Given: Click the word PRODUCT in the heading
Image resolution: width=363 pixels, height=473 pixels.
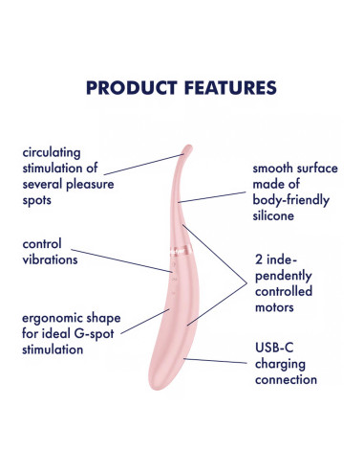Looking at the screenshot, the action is tap(132, 88).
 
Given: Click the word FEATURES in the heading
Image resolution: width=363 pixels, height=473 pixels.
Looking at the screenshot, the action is tap(230, 88).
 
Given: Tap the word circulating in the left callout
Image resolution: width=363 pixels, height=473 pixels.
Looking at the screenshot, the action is tap(52, 153).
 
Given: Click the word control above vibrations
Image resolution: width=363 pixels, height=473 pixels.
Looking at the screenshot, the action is tap(42, 244).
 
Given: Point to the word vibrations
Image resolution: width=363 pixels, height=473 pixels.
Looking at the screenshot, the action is tap(50, 259).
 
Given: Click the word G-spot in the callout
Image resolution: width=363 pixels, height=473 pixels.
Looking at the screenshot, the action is tap(94, 334).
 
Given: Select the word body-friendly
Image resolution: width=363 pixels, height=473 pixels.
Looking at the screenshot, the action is tap(291, 200).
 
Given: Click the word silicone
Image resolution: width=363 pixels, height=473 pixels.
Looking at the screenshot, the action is tap(273, 216).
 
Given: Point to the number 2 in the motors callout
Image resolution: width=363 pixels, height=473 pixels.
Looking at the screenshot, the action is tap(259, 260).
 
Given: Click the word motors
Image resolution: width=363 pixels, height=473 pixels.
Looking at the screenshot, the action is tap(274, 308).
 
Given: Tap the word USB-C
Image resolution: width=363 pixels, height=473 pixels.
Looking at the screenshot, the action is tap(274, 348).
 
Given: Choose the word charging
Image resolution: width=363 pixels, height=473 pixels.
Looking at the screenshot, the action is tap(280, 365).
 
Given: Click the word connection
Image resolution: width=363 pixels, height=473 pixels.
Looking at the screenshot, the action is tap(286, 380).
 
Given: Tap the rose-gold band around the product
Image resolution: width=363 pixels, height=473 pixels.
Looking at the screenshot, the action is tap(181, 250).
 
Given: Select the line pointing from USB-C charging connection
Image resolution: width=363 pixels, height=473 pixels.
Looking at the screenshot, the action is tap(215, 361).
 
